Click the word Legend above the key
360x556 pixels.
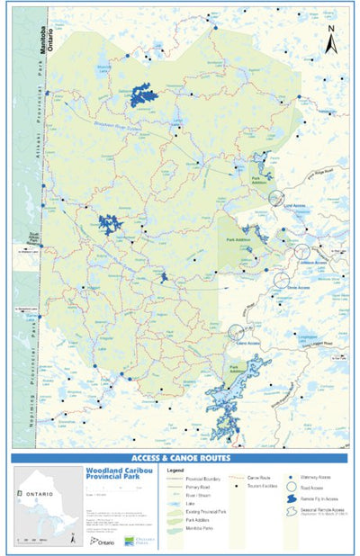coord(175,470)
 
